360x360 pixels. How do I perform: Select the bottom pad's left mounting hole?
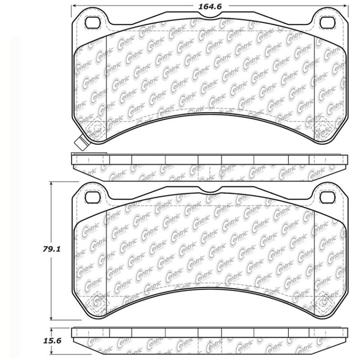tap(93, 197)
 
